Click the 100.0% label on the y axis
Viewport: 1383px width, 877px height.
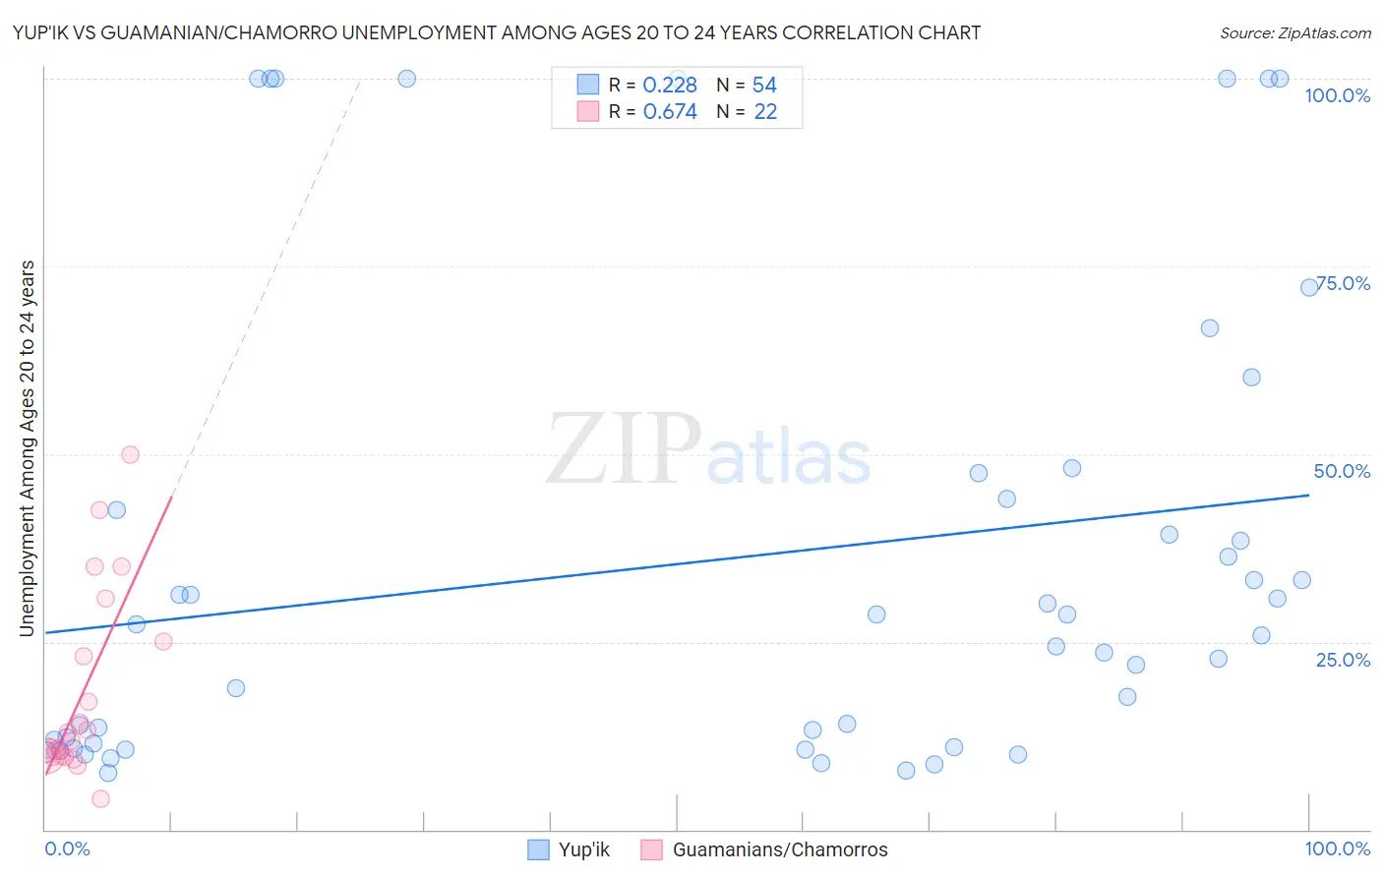1337,95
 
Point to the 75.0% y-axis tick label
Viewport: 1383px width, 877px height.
1344,283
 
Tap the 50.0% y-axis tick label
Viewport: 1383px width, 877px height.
1342,471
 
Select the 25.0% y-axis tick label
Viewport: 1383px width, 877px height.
1343,659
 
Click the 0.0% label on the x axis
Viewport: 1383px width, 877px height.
67,848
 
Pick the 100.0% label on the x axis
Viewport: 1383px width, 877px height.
1337,848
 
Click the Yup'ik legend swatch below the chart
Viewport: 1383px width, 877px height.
538,849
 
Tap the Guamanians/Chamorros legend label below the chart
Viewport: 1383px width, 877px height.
779,849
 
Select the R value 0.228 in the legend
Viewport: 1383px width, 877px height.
670,86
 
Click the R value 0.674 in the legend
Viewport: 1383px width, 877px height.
670,112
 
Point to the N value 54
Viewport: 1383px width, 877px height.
764,86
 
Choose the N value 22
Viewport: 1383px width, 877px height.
765,112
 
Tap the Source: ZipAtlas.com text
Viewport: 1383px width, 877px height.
1294,32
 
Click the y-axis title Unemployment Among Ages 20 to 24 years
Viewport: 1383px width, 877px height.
28,448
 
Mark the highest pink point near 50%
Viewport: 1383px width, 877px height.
130,454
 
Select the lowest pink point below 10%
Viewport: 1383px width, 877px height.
100,798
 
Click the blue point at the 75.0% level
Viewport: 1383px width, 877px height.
1309,287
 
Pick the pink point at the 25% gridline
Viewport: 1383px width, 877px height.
163,641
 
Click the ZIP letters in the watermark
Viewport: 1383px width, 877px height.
624,449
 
